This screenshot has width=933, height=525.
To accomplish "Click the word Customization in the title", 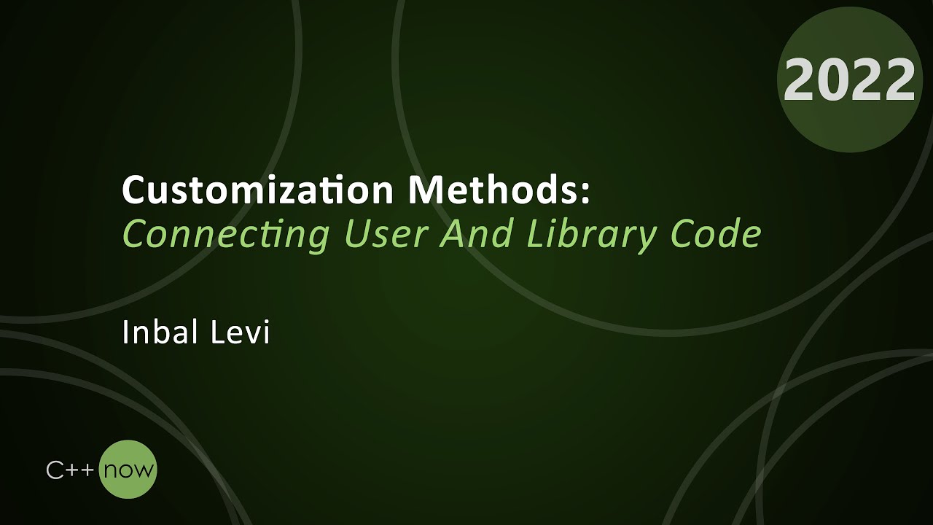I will tap(257, 191).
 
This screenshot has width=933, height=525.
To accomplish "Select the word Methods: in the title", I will tap(499, 191).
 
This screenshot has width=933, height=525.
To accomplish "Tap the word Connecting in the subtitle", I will tap(226, 234).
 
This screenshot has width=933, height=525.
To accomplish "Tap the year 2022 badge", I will tap(849, 79).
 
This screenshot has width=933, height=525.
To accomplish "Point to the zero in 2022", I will tap(833, 80).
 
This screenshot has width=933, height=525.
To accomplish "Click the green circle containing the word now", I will tap(128, 470).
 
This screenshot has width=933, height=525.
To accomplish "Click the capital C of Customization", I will tap(133, 191).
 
